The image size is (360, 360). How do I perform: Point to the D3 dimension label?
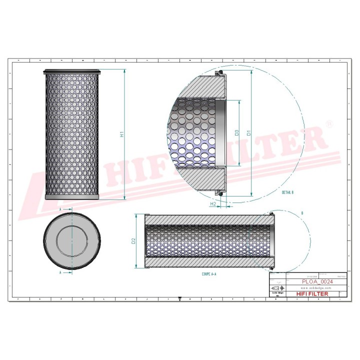237,133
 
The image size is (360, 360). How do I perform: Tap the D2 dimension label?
133,241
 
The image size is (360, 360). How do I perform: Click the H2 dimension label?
212,204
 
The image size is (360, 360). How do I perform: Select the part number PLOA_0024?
317,282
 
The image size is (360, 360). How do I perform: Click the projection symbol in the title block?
275,289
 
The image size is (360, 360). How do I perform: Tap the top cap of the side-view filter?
71,72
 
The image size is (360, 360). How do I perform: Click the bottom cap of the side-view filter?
71,197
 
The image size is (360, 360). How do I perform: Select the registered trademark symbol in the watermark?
328,123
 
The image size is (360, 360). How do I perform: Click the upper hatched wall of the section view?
210,219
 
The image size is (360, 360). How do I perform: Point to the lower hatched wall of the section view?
210,263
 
